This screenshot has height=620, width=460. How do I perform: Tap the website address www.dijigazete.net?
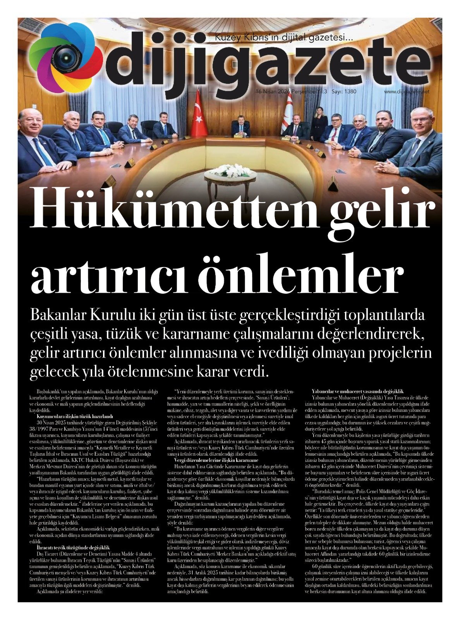(407, 92)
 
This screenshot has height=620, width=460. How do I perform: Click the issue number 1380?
(349, 92)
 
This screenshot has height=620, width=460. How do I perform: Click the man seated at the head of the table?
(240, 128)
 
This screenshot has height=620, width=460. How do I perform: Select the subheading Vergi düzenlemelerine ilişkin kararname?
(216, 460)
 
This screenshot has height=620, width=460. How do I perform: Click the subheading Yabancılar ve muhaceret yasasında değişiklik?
(352, 392)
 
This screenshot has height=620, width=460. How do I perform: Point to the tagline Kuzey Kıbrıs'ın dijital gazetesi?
(284, 38)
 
